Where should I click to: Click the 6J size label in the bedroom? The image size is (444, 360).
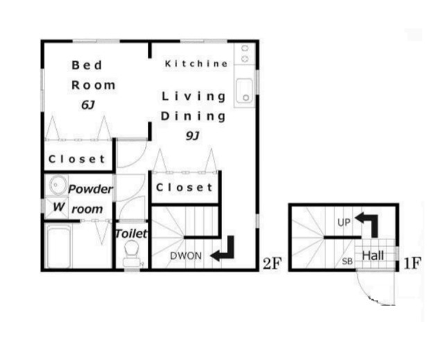point(88,105)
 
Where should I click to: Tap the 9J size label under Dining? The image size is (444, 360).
point(193,136)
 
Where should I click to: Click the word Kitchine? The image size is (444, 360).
point(196,63)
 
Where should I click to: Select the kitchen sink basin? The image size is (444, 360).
point(244,91)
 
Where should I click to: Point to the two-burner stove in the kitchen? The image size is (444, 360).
point(245,53)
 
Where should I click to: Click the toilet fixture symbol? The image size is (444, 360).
point(132,254)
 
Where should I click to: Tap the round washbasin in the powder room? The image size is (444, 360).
point(58,185)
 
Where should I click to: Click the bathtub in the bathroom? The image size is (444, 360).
point(59,246)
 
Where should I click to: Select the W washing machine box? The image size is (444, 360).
point(57,207)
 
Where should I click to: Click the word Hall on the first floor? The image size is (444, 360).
point(373,255)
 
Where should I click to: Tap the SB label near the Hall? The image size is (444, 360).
point(347,262)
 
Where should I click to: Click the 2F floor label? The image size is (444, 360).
point(272,264)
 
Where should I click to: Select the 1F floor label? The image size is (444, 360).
point(412,264)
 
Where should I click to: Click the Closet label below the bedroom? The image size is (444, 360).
point(77,159)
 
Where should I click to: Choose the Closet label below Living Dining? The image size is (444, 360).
point(185,187)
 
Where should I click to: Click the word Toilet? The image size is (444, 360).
point(131,234)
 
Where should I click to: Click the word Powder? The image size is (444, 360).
point(90,189)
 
